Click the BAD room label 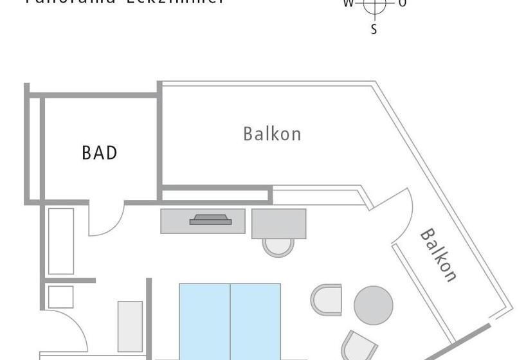tap(100, 152)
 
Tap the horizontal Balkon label tap(272, 134)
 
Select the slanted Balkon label tap(439, 255)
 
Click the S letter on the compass tap(374, 29)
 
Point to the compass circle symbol tap(374, 4)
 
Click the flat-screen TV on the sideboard tap(210, 220)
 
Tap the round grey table tap(373, 305)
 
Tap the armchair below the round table tap(358, 346)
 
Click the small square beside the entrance tap(60, 297)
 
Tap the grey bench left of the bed tap(129, 326)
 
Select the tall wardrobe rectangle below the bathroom tap(61, 241)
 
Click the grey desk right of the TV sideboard tap(278, 223)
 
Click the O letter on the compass tap(402, 3)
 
